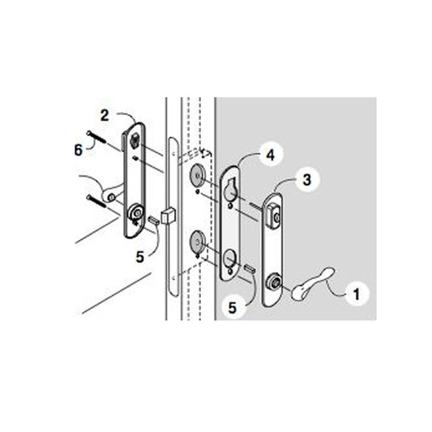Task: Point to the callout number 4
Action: tap(267, 152)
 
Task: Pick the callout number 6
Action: tap(78, 150)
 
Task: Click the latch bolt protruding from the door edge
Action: tap(169, 217)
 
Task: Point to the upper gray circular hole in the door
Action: tap(196, 178)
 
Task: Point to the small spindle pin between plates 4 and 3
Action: tap(251, 268)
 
